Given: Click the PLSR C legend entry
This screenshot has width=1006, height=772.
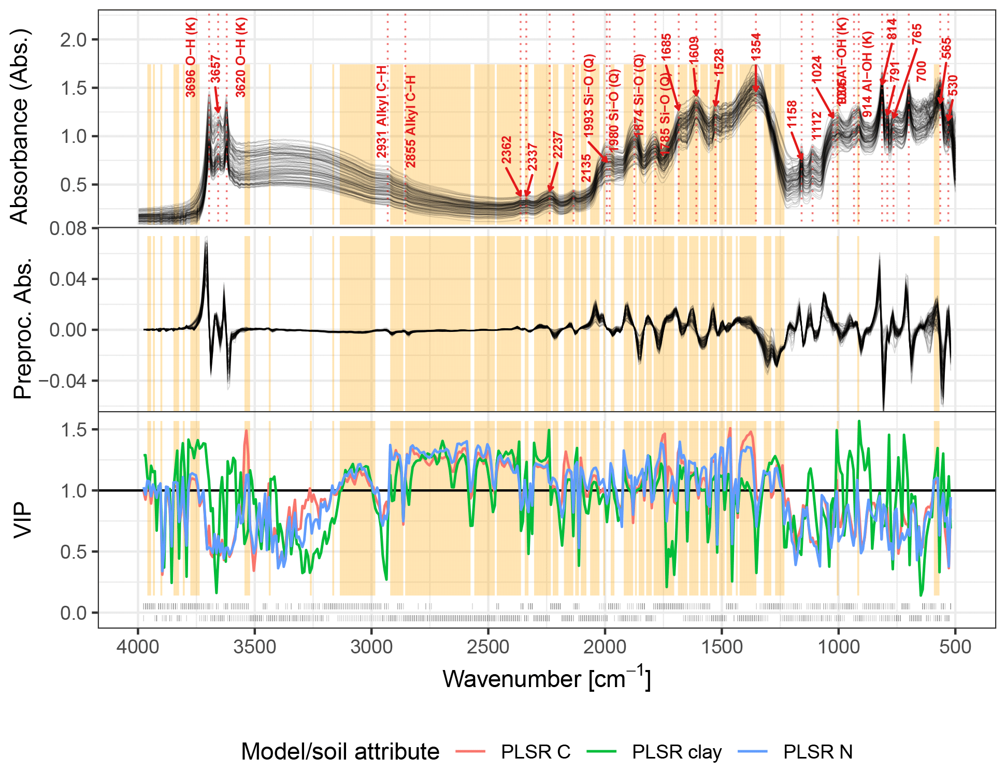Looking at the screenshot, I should (535, 752).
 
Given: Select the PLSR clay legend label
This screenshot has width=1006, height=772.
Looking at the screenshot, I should (677, 752).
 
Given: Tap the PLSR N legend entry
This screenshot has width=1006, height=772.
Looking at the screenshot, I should (817, 752).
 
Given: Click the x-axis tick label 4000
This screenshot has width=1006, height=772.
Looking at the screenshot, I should (138, 647).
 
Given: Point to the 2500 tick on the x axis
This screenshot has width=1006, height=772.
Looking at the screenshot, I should (488, 647).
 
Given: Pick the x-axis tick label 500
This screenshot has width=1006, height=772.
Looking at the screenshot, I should (955, 647).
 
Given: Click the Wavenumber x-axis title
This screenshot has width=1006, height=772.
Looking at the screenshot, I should (547, 679).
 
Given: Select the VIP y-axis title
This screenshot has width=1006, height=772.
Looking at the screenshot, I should (23, 520).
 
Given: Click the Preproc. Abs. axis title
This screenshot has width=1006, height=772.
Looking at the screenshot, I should (23, 328).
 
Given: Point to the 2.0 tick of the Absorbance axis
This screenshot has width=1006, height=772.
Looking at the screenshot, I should (74, 40).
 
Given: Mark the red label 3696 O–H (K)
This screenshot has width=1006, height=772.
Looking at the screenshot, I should (191, 57).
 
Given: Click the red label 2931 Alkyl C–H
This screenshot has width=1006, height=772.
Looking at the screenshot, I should (382, 112).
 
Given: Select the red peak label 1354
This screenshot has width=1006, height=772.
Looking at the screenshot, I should (756, 47).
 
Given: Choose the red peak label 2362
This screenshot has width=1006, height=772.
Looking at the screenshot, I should (506, 150).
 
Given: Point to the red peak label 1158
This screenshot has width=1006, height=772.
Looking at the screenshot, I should (792, 114).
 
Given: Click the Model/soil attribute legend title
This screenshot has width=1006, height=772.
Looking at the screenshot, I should (340, 752).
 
